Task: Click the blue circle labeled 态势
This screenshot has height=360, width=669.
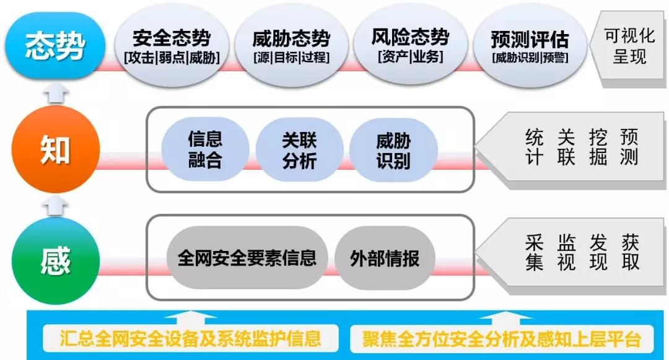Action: pos(55,45)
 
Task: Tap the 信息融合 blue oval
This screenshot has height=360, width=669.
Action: pos(205,150)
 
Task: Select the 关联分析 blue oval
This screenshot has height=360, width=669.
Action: pos(299,150)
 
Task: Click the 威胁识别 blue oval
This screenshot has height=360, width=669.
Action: pos(393,150)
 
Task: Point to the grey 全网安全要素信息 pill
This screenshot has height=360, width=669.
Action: pos(247,258)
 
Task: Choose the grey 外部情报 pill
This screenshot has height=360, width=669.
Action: pos(385,258)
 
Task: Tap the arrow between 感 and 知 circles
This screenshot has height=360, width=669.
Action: pos(55,205)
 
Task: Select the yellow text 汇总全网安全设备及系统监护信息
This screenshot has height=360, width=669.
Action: pos(191,339)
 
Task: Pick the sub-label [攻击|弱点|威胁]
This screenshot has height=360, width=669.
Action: pos(172,58)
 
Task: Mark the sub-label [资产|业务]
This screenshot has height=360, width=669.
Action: pos(410,56)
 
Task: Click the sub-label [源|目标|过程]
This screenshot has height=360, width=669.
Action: pos(291,58)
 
